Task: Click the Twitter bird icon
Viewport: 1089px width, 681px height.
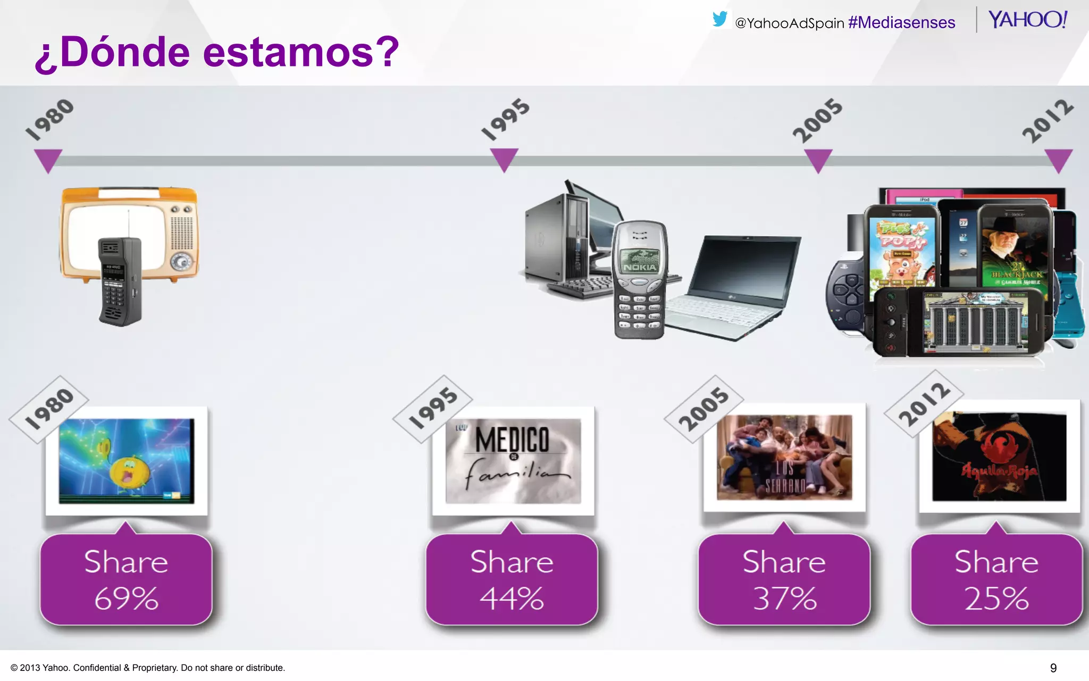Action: point(719,19)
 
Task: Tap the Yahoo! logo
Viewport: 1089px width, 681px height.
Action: point(1027,20)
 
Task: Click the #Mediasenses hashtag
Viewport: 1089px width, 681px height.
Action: point(901,23)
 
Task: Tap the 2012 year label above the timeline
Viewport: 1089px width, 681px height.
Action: point(1048,121)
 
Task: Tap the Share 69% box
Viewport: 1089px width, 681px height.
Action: point(126,579)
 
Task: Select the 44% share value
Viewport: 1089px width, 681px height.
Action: point(512,599)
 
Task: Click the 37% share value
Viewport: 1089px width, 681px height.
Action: point(784,599)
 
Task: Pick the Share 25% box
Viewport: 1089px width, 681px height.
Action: point(996,579)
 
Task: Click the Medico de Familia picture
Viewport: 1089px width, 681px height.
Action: point(513,461)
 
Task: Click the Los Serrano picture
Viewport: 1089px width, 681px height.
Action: point(784,458)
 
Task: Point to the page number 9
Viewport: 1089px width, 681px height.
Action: point(1053,668)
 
